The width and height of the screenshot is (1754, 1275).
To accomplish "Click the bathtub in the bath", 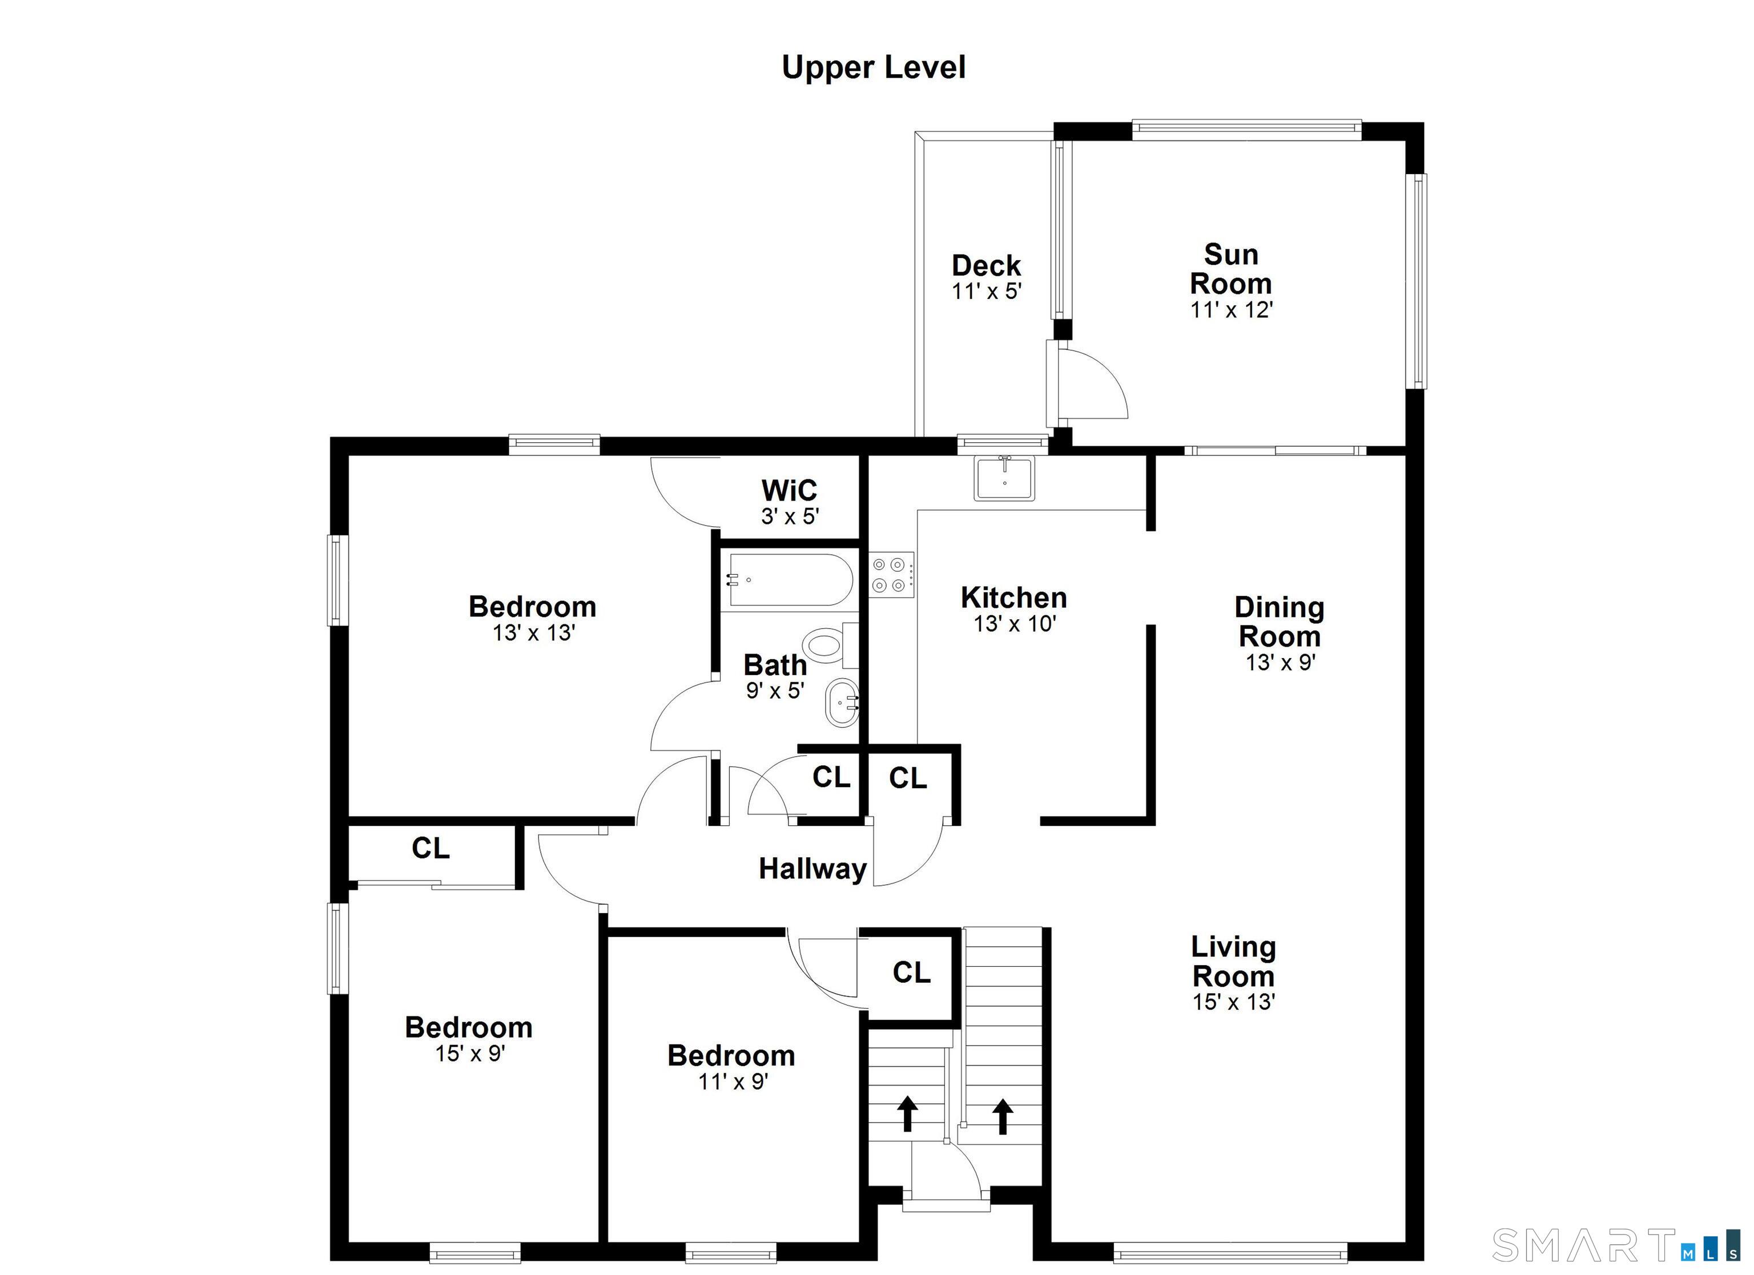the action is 790,580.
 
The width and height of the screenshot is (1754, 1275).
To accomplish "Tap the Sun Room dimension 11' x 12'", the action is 1231,310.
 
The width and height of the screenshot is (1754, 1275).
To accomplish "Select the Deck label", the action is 986,266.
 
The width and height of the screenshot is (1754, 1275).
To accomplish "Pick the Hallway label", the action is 812,869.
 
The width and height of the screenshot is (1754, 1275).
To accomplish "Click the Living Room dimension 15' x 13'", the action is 1233,1002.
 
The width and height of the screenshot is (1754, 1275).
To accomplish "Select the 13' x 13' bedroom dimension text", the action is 534,634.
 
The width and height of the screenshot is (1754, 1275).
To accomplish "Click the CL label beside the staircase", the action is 912,973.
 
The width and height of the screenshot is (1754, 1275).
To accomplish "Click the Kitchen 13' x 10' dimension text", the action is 1015,624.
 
